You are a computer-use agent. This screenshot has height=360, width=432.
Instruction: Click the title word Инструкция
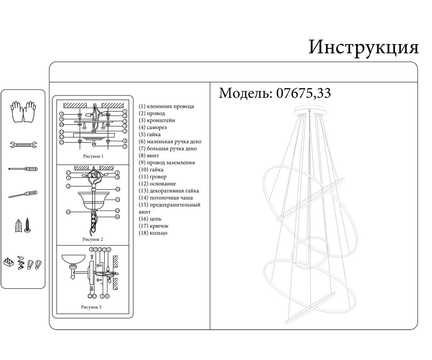click(364, 48)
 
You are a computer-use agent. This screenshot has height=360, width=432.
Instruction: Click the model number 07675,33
click(304, 93)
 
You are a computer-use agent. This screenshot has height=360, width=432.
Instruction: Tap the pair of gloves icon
click(23, 112)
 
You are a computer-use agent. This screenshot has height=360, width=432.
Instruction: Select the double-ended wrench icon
click(23, 145)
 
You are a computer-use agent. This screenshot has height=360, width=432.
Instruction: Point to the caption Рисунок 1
click(93, 156)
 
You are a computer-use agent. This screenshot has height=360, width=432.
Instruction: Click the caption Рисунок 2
click(93, 239)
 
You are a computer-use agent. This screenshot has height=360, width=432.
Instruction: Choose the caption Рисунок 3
click(91, 307)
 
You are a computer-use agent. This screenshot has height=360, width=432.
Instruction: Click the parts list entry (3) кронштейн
click(157, 120)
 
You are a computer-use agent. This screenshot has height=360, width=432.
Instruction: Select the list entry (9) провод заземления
click(167, 163)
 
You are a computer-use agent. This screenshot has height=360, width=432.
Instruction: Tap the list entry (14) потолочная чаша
click(166, 198)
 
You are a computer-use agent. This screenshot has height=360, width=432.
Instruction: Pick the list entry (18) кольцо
click(153, 233)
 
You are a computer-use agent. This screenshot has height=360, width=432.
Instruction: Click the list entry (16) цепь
click(150, 219)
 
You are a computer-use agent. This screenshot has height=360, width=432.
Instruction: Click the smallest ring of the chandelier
click(310, 253)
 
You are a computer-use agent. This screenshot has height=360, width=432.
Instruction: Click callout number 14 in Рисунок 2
click(117, 200)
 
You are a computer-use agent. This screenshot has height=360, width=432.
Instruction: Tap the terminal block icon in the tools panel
click(9, 262)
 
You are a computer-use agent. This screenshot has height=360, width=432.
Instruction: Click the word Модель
click(246, 93)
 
